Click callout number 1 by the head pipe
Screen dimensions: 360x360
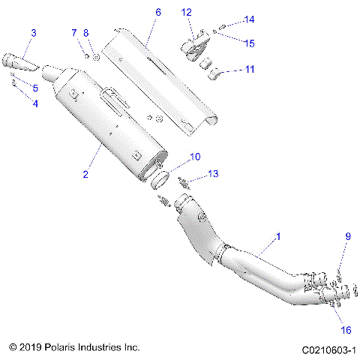click(x=278, y=237)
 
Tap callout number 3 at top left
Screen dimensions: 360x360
click(x=33, y=32)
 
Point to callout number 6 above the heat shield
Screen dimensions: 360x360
click(x=157, y=13)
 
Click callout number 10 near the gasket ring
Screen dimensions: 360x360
click(x=195, y=157)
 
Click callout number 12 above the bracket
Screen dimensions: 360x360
click(x=187, y=12)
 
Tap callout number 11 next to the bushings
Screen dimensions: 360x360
click(x=249, y=69)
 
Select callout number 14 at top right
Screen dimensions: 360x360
click(x=250, y=19)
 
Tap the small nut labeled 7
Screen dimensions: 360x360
click(x=86, y=55)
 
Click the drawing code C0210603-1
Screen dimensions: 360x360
click(x=327, y=349)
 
